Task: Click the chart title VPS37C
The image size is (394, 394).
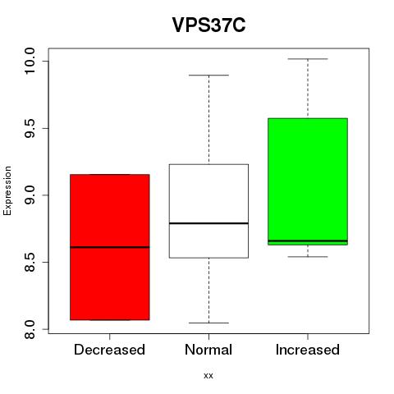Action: tap(208, 25)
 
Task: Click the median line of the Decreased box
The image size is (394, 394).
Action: tap(110, 247)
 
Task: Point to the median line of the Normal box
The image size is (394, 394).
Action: tap(208, 223)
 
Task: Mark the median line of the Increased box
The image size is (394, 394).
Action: tap(308, 241)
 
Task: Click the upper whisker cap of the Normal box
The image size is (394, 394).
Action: tap(208, 75)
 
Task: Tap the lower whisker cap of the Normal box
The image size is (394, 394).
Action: tap(208, 323)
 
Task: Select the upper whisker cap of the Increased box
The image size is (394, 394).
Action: tap(308, 59)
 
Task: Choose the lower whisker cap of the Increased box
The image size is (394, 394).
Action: tap(308, 257)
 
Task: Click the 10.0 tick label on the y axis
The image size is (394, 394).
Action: tap(30, 61)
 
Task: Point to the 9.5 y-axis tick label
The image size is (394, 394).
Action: tap(30, 128)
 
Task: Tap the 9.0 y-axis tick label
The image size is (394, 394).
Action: tap(30, 195)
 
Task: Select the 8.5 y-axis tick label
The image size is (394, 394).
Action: tap(30, 262)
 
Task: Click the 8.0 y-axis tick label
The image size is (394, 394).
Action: tap(30, 329)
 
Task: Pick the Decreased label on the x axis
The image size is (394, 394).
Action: tap(109, 350)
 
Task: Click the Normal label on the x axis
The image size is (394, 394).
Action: tap(208, 350)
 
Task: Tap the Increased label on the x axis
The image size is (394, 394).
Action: tap(308, 350)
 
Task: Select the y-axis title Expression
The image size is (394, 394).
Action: tap(7, 190)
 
